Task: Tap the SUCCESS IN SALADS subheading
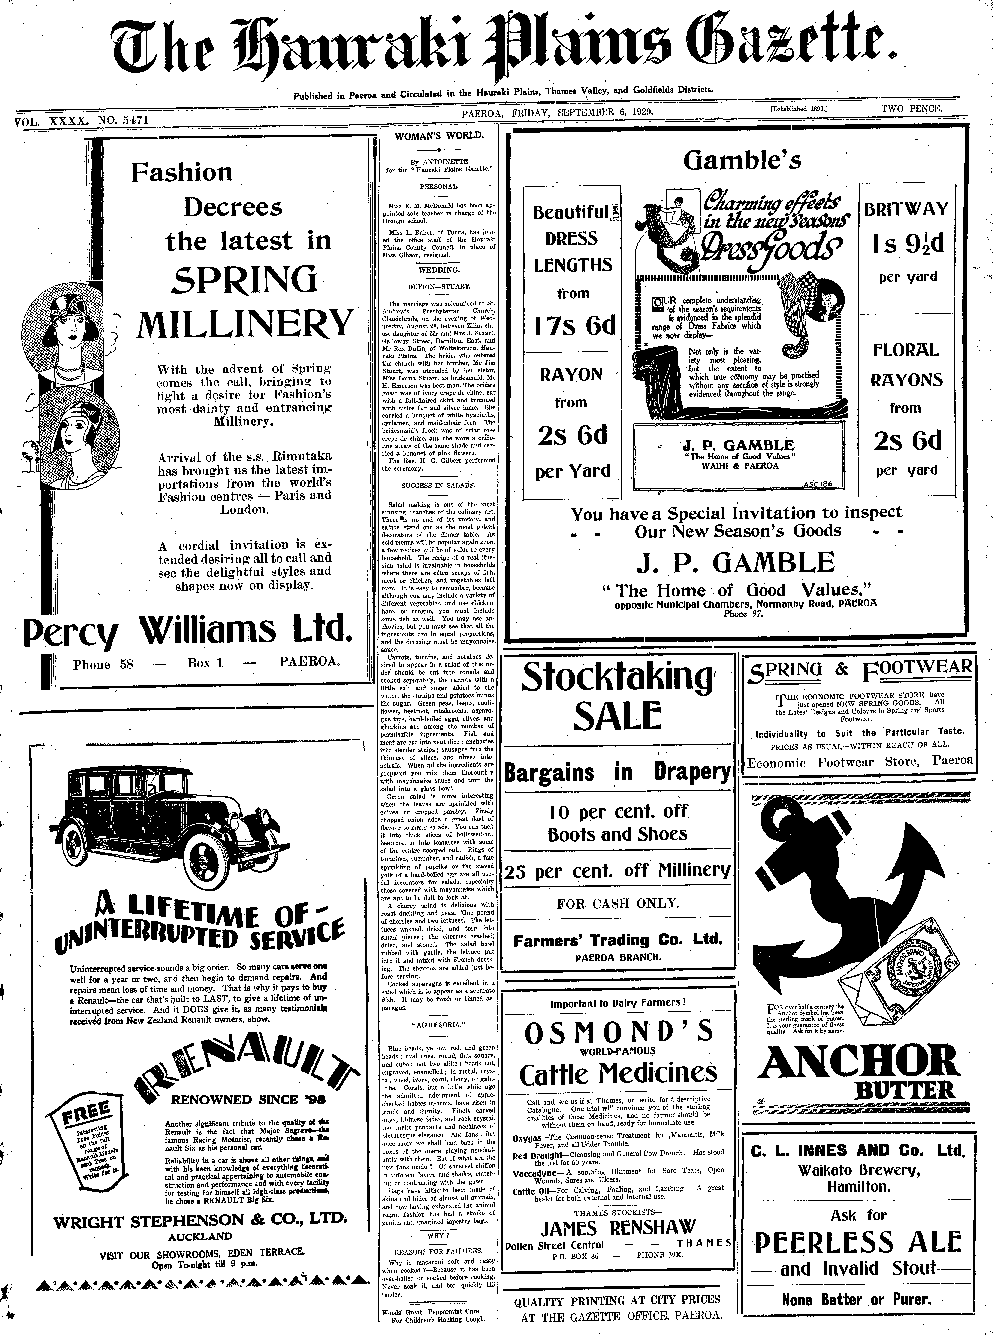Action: (x=438, y=485)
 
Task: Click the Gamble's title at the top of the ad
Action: (x=742, y=160)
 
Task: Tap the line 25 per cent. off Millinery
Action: (x=617, y=870)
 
